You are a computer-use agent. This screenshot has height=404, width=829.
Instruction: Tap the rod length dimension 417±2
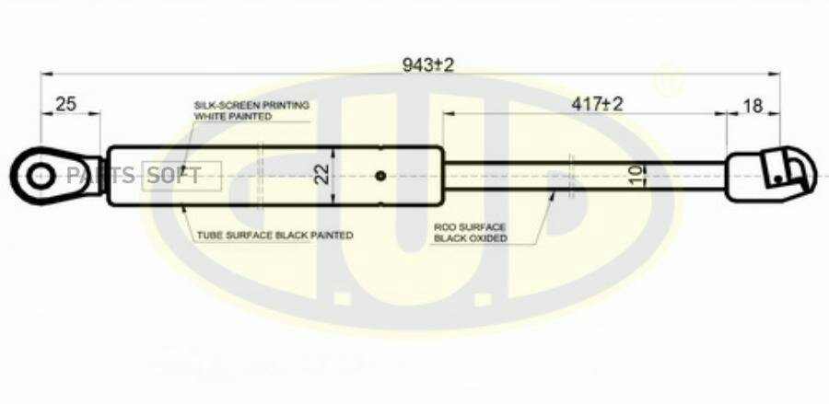point(597,104)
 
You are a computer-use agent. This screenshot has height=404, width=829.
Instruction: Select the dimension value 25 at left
point(65,104)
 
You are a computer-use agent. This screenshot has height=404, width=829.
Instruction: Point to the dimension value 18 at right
point(753,106)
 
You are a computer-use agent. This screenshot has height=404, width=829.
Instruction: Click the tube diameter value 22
point(321,175)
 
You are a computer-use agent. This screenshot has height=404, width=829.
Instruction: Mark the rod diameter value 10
point(636,176)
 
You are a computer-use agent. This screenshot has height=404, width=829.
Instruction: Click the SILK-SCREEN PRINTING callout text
point(251,105)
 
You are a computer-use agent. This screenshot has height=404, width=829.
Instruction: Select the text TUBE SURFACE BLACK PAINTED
point(274,236)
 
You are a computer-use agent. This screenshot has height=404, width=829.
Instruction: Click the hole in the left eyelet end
point(38,175)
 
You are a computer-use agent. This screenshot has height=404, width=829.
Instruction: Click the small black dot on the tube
point(380,175)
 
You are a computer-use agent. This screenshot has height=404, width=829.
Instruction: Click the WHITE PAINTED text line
point(232,117)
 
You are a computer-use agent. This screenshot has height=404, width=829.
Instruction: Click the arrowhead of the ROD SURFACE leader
point(554,193)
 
